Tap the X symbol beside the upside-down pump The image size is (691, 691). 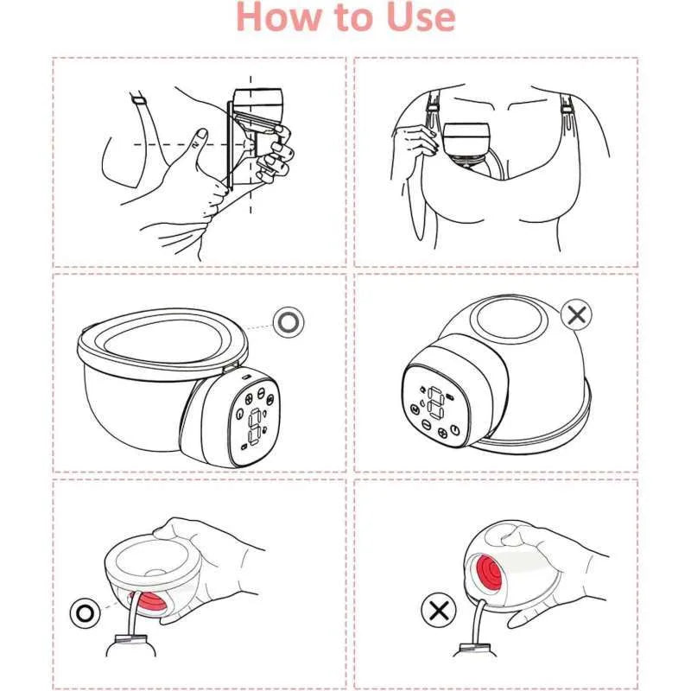click(576, 314)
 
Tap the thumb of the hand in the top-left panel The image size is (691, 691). click(200, 140)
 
